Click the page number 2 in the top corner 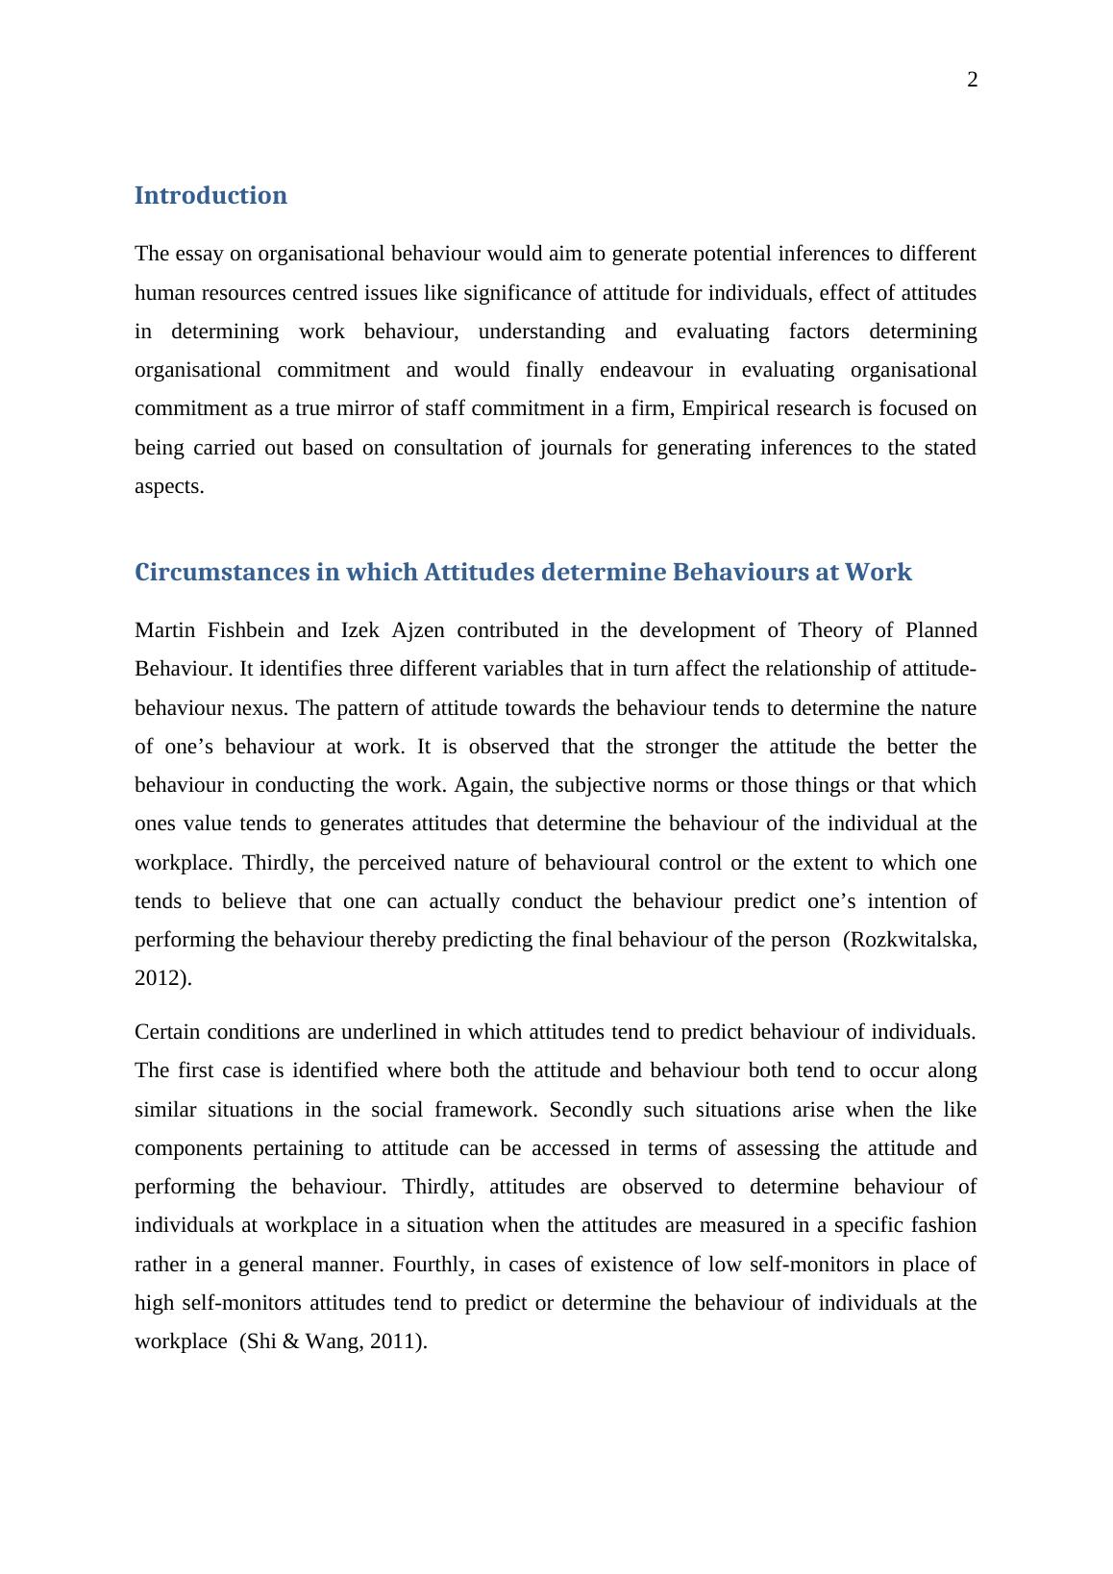click(972, 81)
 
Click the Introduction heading click(210, 195)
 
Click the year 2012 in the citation click(159, 978)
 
